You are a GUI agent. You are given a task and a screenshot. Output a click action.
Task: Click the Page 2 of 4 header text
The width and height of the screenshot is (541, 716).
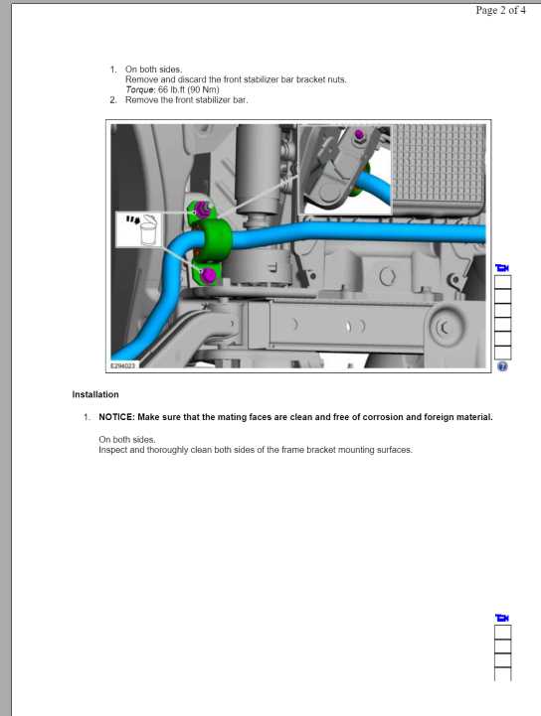501,10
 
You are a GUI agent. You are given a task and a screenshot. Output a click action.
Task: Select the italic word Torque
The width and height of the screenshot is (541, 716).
140,89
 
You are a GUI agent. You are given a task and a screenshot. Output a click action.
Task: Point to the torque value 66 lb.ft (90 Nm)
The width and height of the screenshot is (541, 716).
188,89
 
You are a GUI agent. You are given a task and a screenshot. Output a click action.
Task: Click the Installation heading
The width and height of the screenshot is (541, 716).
95,394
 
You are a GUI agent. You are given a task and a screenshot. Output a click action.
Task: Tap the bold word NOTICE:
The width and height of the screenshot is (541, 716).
116,417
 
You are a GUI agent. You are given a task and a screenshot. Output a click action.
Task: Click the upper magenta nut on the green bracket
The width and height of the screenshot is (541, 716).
201,210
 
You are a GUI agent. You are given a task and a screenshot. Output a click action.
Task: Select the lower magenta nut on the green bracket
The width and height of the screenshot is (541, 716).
208,275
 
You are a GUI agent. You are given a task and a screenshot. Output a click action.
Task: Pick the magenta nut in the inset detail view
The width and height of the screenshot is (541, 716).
359,135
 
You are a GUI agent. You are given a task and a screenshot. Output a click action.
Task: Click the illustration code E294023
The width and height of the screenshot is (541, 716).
122,365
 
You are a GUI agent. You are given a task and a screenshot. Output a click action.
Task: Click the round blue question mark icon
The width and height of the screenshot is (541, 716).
502,366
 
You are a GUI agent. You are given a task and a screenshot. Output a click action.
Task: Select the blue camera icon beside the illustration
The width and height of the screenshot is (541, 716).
502,268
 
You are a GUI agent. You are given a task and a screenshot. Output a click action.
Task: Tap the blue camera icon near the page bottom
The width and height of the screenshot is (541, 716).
502,618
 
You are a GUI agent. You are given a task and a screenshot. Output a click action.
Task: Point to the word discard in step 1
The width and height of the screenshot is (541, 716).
192,79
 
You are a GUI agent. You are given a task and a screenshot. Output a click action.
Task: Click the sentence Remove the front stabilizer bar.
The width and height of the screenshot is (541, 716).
187,100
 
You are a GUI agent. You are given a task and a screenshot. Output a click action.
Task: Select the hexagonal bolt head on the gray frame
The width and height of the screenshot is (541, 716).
387,276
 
